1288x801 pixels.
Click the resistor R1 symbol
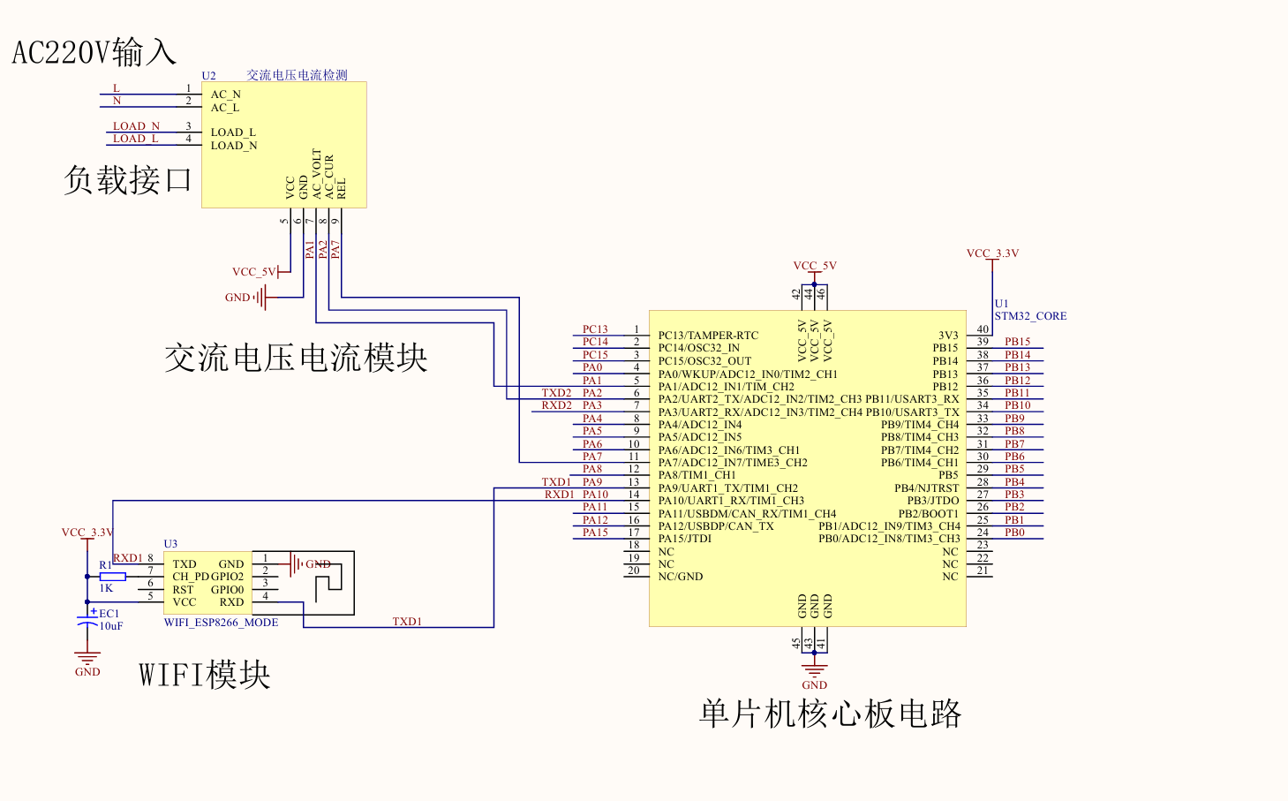click(113, 577)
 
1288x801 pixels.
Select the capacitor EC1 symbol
click(87, 621)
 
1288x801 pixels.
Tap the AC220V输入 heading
click(94, 52)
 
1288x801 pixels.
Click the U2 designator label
click(208, 75)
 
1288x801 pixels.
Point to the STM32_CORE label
click(1030, 315)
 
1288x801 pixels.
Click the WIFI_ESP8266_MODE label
click(221, 623)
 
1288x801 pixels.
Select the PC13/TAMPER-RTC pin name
click(708, 336)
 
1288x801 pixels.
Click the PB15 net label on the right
click(1017, 342)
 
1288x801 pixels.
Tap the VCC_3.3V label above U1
click(992, 253)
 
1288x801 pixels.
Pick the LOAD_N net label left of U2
click(136, 126)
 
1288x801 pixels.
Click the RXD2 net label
click(556, 405)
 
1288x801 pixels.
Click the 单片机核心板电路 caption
click(831, 714)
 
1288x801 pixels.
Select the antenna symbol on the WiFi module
click(328, 581)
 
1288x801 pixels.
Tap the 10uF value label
click(111, 625)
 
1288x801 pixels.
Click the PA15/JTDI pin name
click(685, 539)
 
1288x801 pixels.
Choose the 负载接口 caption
click(127, 180)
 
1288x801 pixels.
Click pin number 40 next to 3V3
click(983, 329)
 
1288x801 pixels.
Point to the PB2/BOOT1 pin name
click(929, 513)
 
